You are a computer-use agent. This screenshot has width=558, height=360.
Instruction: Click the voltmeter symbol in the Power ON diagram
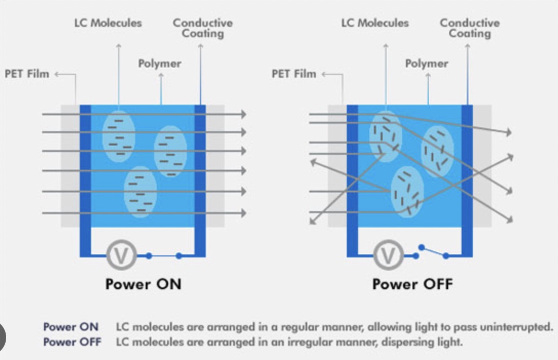(121, 255)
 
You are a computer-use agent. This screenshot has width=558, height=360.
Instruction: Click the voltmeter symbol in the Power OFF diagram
(388, 255)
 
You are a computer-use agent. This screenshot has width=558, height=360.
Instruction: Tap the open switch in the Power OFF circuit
(433, 251)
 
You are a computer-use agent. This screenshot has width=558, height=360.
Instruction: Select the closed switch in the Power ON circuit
(164, 255)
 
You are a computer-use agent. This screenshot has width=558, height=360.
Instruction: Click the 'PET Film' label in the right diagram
(293, 74)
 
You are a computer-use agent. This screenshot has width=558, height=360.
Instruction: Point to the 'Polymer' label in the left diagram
(160, 64)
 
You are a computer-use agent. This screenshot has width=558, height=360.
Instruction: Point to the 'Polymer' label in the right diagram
(427, 64)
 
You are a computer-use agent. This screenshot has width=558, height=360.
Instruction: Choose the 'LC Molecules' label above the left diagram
(108, 23)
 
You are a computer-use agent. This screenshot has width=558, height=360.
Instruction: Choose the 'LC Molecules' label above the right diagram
(375, 23)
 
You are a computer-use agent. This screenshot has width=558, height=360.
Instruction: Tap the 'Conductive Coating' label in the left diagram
(203, 28)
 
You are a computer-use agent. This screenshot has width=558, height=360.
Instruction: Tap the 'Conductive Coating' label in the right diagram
(469, 28)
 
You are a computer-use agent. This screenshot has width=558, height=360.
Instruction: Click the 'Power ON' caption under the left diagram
(143, 284)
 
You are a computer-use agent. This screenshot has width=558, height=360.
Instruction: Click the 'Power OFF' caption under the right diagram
(413, 284)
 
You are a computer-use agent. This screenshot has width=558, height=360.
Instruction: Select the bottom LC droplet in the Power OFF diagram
(407, 191)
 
